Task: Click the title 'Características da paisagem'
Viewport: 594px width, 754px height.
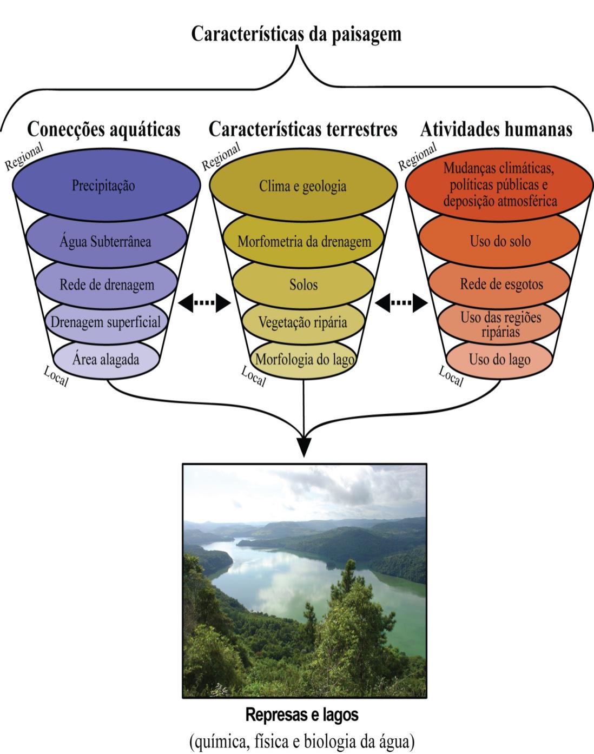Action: pyautogui.click(x=296, y=34)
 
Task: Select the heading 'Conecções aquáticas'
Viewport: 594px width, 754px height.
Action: pyautogui.click(x=104, y=129)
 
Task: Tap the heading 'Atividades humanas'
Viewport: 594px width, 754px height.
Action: pyautogui.click(x=496, y=129)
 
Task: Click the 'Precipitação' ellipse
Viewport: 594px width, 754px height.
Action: pyautogui.click(x=107, y=185)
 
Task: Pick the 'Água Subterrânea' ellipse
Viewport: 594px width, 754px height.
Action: pyautogui.click(x=105, y=242)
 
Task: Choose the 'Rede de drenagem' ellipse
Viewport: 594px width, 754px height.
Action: pyautogui.click(x=107, y=285)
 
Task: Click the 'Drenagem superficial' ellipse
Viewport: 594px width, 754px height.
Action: pyautogui.click(x=106, y=322)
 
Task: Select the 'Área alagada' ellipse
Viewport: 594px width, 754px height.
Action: pyautogui.click(x=106, y=360)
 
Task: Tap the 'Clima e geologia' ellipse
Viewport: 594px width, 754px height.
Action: pyautogui.click(x=303, y=185)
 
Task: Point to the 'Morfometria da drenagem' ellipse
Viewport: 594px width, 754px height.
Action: pyautogui.click(x=303, y=242)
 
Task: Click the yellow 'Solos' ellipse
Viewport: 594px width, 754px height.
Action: pyautogui.click(x=303, y=285)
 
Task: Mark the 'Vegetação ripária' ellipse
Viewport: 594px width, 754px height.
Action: pyautogui.click(x=303, y=322)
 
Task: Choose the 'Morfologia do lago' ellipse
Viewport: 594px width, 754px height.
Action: pyautogui.click(x=303, y=360)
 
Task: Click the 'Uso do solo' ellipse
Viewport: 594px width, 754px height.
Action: pyautogui.click(x=500, y=242)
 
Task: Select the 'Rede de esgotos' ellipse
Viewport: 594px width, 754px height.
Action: pyautogui.click(x=500, y=285)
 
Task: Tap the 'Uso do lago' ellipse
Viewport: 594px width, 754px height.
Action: pyautogui.click(x=500, y=360)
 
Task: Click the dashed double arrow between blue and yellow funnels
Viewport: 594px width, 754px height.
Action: pyautogui.click(x=204, y=302)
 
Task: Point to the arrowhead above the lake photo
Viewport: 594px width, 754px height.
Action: pyautogui.click(x=303, y=447)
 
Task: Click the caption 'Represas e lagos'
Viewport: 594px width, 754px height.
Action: pyautogui.click(x=302, y=715)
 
